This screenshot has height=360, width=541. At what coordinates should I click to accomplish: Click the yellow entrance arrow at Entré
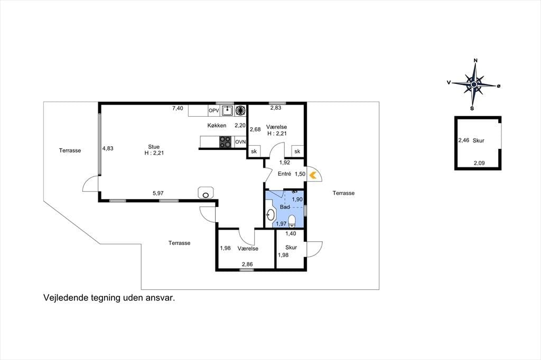[313, 175]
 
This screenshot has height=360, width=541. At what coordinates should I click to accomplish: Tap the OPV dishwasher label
[214, 111]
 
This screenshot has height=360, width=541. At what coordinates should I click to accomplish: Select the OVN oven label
[240, 141]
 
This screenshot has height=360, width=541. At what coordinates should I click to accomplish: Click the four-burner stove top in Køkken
[225, 141]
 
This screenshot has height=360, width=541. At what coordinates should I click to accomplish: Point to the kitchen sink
[227, 111]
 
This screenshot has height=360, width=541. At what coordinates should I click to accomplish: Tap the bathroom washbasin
[270, 215]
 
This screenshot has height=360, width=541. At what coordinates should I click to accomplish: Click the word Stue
[154, 147]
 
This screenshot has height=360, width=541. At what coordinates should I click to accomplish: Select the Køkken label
[217, 126]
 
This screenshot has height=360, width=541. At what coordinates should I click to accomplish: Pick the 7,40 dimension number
[178, 108]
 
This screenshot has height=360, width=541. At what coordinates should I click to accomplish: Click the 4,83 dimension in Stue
[108, 149]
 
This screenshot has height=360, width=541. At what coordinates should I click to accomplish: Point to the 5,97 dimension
[158, 193]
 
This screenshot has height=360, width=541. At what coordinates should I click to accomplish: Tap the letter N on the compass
[475, 61]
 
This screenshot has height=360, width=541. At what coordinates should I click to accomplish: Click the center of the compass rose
[474, 84]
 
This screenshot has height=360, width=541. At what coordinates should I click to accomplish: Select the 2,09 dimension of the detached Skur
[479, 163]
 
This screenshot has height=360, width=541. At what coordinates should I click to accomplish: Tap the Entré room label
[284, 174]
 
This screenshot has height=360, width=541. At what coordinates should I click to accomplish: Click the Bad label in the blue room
[285, 207]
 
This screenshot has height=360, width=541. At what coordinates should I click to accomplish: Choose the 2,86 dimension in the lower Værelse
[247, 264]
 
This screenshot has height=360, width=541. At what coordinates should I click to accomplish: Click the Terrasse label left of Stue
[70, 150]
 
